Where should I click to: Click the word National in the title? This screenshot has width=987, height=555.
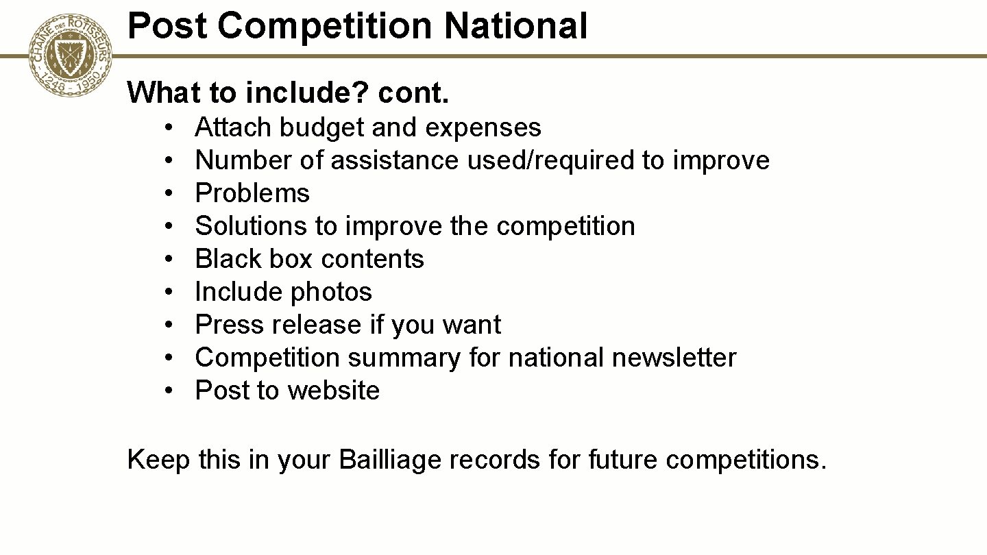click(515, 26)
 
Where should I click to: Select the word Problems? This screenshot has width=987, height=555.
click(252, 193)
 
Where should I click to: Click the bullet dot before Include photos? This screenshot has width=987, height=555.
click(168, 293)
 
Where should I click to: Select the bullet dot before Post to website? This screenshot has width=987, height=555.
click(168, 391)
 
